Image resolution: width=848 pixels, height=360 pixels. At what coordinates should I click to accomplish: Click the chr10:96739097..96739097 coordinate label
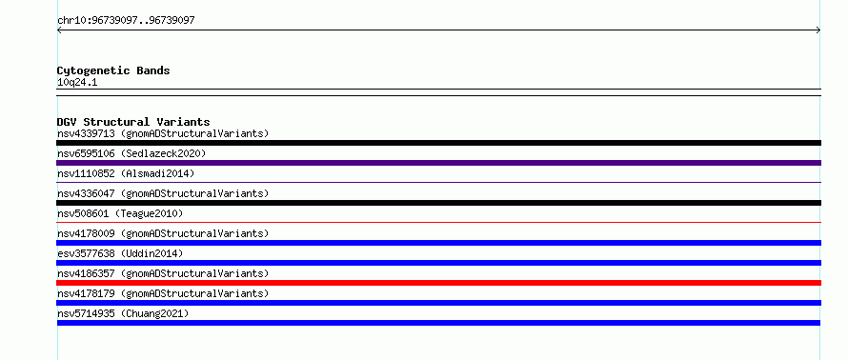[126, 21]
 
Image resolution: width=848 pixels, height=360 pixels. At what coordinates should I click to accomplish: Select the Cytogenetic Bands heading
[113, 70]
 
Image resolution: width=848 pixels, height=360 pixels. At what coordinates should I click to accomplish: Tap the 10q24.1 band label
[77, 83]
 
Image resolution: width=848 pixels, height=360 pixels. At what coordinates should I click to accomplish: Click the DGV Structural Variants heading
[133, 122]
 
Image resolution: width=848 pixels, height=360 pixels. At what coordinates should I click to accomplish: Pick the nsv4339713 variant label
[163, 133]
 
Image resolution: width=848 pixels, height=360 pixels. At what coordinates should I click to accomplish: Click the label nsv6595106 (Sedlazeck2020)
[131, 153]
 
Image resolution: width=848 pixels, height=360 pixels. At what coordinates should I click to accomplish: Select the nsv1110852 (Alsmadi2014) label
[126, 173]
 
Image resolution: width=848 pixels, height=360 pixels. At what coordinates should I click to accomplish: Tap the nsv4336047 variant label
[163, 193]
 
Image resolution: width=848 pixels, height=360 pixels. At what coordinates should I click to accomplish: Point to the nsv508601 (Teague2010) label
[120, 213]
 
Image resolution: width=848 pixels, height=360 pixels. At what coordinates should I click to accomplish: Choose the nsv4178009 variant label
[163, 233]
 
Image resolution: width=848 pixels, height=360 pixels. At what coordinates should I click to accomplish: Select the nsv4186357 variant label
[163, 273]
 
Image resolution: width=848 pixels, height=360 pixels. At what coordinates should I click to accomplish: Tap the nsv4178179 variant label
[163, 293]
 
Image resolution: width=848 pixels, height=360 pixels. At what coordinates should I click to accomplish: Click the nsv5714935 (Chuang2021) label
[123, 313]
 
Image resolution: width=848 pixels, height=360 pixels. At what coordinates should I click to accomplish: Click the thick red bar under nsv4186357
[438, 283]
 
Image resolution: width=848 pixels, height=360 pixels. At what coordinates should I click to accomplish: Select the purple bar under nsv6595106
[438, 163]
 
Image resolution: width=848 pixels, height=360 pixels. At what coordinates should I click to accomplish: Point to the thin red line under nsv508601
[438, 222]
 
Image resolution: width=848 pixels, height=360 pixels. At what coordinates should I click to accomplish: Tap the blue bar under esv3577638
[438, 263]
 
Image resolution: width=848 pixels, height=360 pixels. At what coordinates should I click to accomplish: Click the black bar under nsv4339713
[438, 143]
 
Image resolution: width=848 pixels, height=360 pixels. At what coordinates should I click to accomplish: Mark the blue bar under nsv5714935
[438, 323]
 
